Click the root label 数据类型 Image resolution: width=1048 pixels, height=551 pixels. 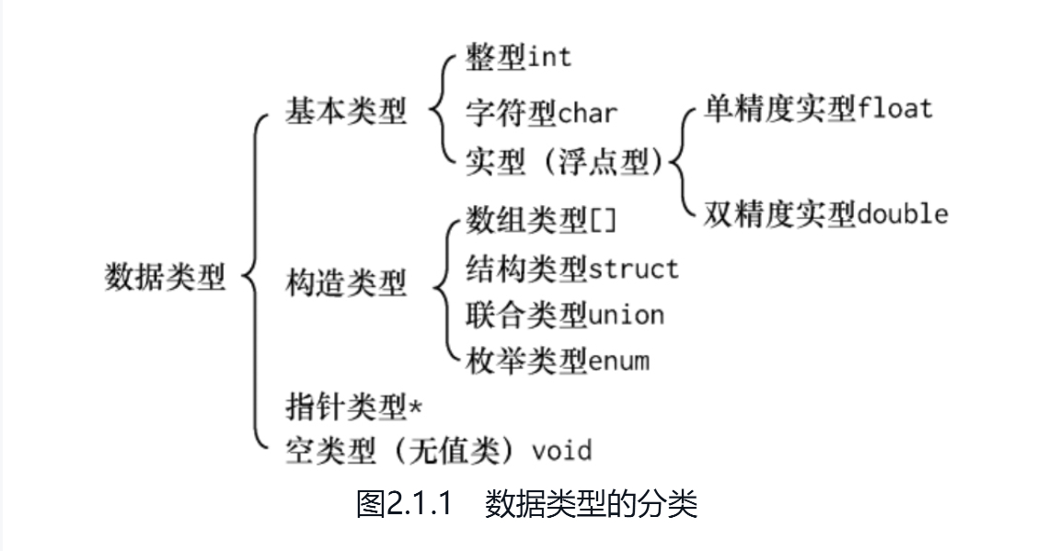tap(165, 277)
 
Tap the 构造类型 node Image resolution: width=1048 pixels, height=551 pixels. tap(345, 283)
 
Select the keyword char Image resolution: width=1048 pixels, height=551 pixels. tap(588, 114)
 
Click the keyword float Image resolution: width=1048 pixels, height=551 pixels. tap(894, 108)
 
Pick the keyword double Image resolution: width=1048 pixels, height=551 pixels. tap(902, 214)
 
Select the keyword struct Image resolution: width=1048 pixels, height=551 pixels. tap(633, 269)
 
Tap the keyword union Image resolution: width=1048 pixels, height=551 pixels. tap(626, 316)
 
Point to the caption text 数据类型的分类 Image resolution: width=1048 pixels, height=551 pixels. tap(591, 505)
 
